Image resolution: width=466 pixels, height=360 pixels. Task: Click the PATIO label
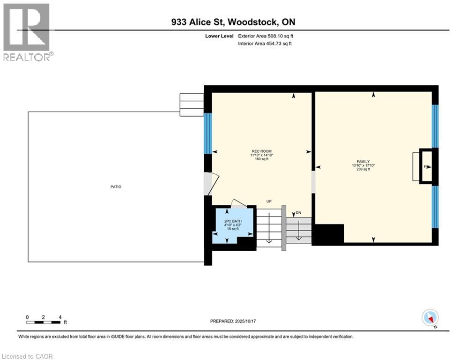(116, 187)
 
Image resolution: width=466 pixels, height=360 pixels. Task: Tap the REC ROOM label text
(261, 151)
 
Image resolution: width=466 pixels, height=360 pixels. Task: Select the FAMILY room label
(363, 162)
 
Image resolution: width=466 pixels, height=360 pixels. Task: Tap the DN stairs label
(298, 213)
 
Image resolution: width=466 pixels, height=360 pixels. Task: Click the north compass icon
(430, 318)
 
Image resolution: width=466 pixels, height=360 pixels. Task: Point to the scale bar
(43, 322)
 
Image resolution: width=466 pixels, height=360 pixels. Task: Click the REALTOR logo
(27, 32)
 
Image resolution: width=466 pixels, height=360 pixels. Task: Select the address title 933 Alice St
(233, 22)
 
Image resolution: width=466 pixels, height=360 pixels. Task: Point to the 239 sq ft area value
(363, 170)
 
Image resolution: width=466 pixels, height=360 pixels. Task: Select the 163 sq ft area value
(261, 159)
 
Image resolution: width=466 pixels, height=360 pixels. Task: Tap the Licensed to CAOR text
(27, 356)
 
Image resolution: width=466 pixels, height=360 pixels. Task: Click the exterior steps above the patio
(192, 104)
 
